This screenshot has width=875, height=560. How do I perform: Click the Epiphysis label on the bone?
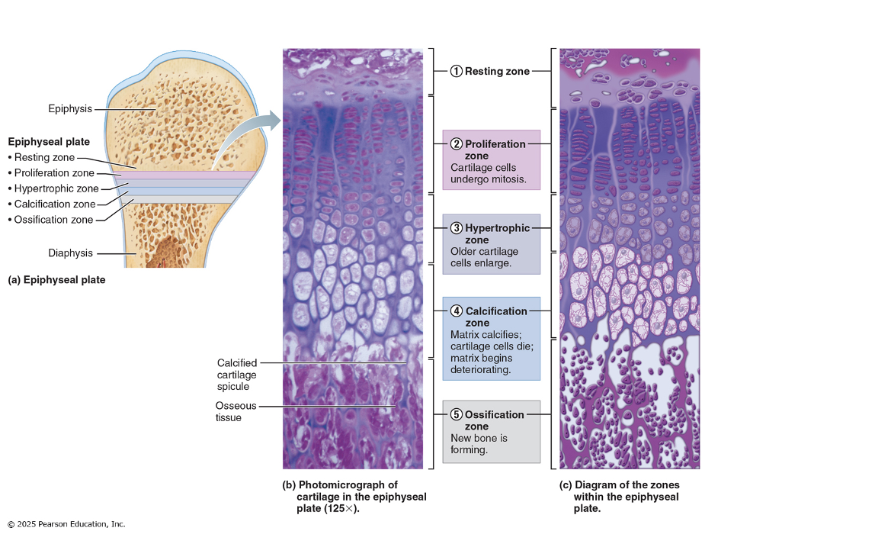(70, 109)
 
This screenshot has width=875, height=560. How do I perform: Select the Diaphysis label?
(70, 253)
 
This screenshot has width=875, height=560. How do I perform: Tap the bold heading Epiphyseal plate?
(49, 142)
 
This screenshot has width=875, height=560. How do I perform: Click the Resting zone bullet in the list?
(45, 158)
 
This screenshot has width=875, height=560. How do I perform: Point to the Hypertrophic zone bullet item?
(53, 188)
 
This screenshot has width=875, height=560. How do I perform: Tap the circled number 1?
(456, 72)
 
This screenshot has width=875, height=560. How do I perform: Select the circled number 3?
(456, 228)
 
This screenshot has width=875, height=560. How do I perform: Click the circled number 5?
(456, 415)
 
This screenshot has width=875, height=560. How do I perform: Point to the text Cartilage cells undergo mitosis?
(488, 174)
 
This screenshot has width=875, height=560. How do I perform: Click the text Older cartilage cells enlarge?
(484, 257)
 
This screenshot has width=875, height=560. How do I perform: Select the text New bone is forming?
(479, 444)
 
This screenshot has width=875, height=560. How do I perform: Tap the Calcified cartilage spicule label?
(237, 375)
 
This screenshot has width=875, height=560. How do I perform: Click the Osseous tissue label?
(236, 412)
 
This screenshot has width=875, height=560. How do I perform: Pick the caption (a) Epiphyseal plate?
(56, 280)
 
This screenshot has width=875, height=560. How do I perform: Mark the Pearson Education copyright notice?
(66, 524)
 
